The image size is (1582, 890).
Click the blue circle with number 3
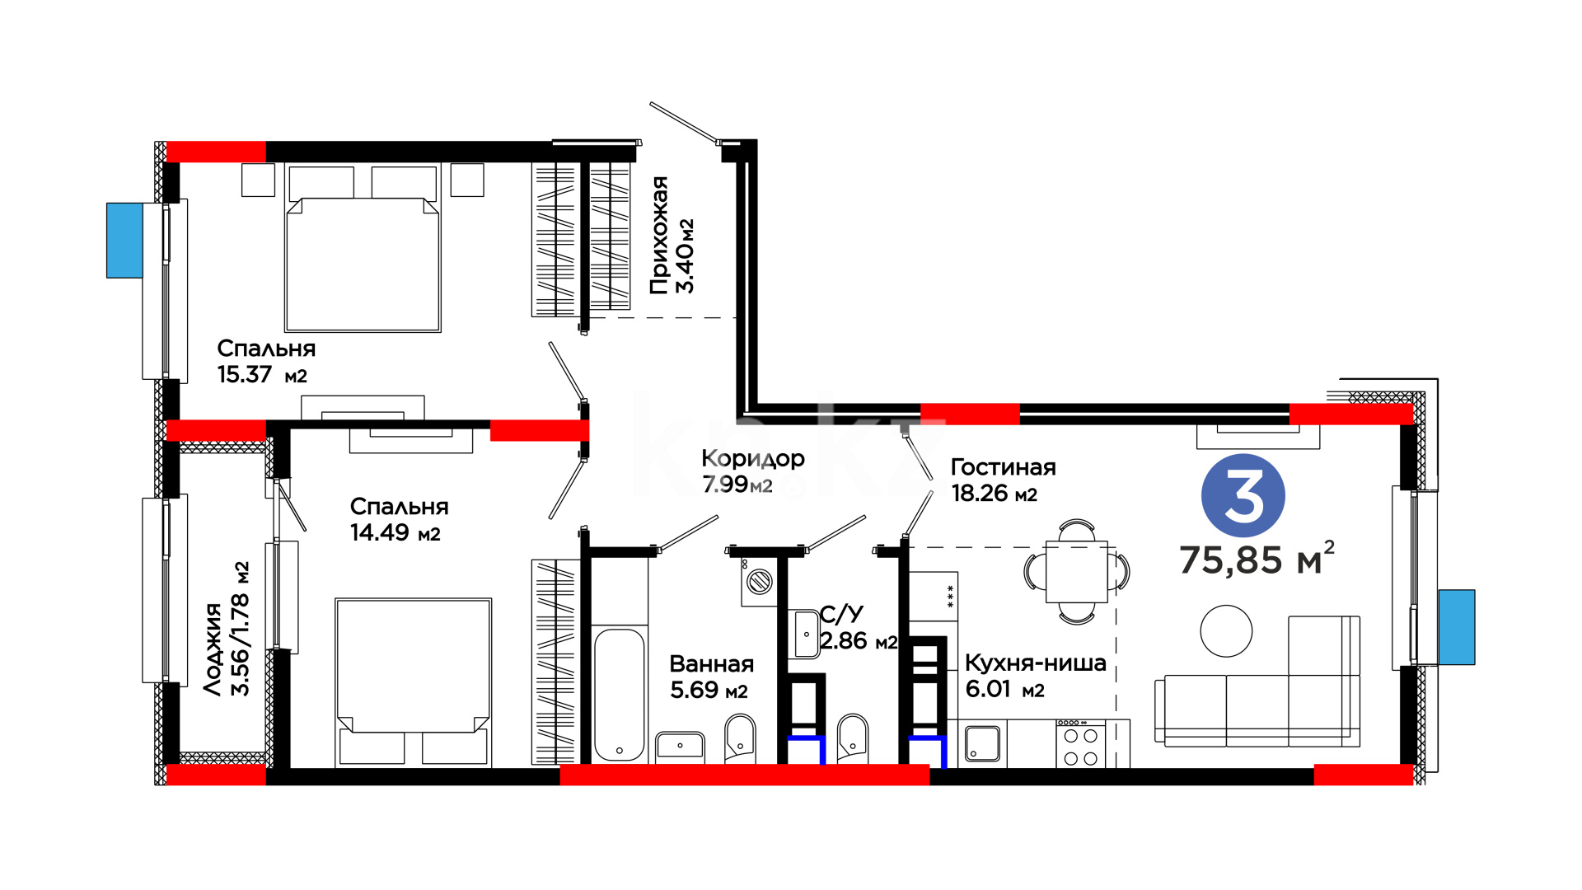pyautogui.click(x=1243, y=495)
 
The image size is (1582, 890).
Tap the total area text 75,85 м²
pyautogui.click(x=1257, y=559)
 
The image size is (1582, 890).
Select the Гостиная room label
pyautogui.click(x=1003, y=467)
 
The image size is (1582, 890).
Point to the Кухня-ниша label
pyautogui.click(x=1035, y=663)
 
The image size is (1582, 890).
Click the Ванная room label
pyautogui.click(x=711, y=663)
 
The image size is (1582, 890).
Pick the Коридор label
pyautogui.click(x=753, y=459)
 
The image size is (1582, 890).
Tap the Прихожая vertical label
pyautogui.click(x=658, y=236)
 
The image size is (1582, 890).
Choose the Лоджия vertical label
pyautogui.click(x=213, y=649)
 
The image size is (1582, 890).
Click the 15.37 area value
pyautogui.click(x=244, y=374)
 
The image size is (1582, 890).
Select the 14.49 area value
pyautogui.click(x=378, y=532)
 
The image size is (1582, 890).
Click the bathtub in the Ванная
pyautogui.click(x=619, y=695)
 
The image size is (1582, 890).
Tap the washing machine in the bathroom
pyautogui.click(x=759, y=582)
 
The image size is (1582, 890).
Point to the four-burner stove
pyautogui.click(x=1080, y=743)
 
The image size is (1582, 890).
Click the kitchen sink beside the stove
pyautogui.click(x=982, y=743)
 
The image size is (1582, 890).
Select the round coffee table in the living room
pyautogui.click(x=1226, y=631)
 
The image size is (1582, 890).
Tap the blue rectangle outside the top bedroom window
pyautogui.click(x=124, y=240)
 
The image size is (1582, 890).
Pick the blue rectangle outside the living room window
pyautogui.click(x=1457, y=627)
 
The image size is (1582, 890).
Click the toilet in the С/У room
pyautogui.click(x=852, y=738)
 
